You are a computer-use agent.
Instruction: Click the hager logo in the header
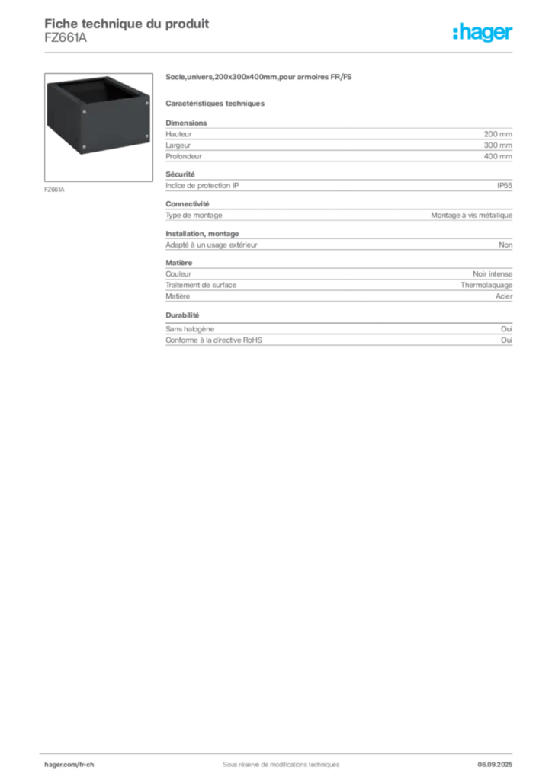483,33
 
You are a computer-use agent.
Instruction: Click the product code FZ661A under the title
66,38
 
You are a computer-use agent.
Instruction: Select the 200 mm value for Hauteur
498,134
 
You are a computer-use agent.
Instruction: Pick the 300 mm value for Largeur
498,145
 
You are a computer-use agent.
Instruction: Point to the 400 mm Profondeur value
498,156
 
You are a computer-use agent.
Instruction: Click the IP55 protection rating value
504,186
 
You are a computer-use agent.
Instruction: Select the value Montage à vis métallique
471,216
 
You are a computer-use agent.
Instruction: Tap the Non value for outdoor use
505,245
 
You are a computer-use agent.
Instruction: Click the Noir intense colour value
493,274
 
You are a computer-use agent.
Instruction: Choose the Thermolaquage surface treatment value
486,286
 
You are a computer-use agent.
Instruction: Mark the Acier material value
504,296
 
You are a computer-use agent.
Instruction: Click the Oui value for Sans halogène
506,329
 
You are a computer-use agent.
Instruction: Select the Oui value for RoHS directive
506,340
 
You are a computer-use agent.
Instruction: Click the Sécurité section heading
180,174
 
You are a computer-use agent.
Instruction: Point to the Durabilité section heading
182,315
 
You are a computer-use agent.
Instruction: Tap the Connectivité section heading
187,204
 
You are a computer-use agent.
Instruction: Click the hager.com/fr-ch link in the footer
69,765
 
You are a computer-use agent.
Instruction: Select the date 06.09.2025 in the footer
495,765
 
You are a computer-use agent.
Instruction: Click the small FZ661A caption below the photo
54,190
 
